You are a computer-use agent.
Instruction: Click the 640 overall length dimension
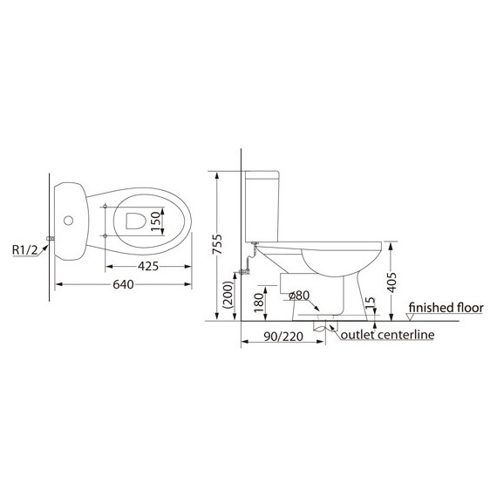123,284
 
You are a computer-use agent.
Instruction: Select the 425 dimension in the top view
148,266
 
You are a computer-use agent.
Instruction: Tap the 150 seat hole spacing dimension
155,221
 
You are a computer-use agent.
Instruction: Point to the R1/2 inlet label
24,250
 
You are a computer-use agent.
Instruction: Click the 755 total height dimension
217,244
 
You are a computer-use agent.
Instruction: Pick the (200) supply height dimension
228,295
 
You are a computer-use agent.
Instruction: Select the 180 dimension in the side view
259,303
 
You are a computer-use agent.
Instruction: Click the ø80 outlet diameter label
299,296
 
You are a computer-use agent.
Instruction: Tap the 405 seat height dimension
391,283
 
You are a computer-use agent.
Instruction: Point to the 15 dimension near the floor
371,303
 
